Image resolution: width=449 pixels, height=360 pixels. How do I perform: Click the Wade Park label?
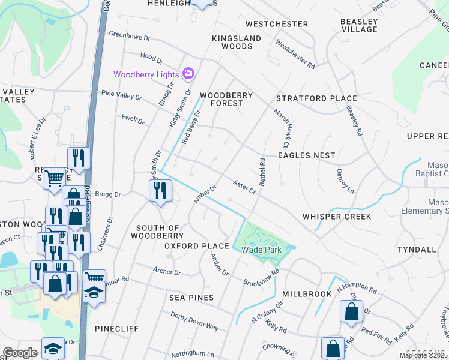click(x=261, y=250)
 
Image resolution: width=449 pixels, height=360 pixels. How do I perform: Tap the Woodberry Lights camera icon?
click(x=188, y=73)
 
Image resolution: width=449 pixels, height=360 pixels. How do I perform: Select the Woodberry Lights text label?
click(x=146, y=74)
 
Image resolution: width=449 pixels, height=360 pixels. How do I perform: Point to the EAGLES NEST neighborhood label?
click(x=306, y=155)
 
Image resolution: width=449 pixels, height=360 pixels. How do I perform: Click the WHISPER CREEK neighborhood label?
click(x=337, y=217)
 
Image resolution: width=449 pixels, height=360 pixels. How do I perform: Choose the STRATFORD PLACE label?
click(x=316, y=98)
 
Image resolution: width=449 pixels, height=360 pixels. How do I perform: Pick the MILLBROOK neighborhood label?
click(x=307, y=294)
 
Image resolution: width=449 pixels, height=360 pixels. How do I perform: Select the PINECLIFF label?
click(x=116, y=329)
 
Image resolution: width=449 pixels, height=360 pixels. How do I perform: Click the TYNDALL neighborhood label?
click(x=417, y=249)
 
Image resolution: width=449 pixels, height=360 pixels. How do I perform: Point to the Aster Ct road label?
click(x=244, y=187)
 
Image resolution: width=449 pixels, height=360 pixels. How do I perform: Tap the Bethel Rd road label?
click(x=263, y=170)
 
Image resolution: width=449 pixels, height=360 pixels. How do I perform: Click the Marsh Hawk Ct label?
click(x=282, y=128)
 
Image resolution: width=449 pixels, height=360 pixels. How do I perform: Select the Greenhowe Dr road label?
click(x=129, y=37)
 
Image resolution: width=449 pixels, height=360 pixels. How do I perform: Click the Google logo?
click(x=20, y=353)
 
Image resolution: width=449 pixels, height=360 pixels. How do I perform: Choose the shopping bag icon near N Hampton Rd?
click(x=351, y=311)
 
